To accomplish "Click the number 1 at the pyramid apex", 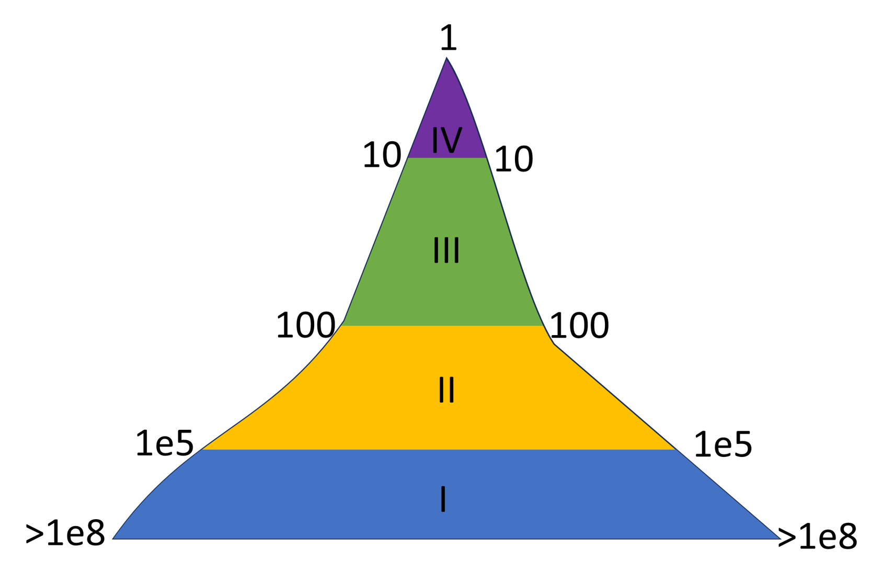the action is click(449, 39).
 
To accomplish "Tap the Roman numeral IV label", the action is click(447, 140).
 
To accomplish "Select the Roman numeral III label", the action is click(446, 250).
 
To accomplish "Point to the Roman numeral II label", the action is click(446, 390).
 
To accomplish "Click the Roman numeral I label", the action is click(443, 499).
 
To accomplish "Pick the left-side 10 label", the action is click(382, 156).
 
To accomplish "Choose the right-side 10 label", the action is click(514, 159).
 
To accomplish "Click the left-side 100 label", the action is click(306, 326).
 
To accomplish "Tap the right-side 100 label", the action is click(580, 326).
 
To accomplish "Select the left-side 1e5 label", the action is click(165, 444).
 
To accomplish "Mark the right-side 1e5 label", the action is click(723, 445).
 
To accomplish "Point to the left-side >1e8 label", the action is click(65, 534).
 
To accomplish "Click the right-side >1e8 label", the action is click(818, 537).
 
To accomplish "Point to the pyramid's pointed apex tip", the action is click(446, 59).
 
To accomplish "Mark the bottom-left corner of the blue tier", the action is click(113, 538).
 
